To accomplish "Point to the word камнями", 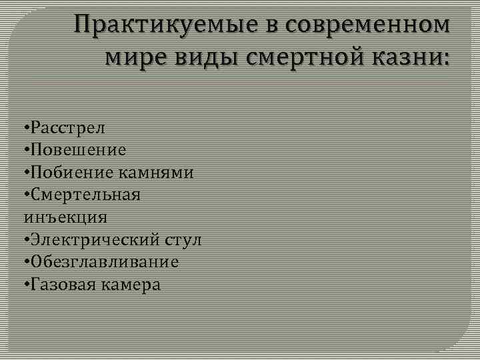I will click(157, 172).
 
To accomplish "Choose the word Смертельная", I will click(85, 195).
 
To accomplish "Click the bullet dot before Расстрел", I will click(25, 127).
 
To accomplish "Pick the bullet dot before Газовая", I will click(25, 285).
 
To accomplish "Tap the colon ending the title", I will click(446, 59).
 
